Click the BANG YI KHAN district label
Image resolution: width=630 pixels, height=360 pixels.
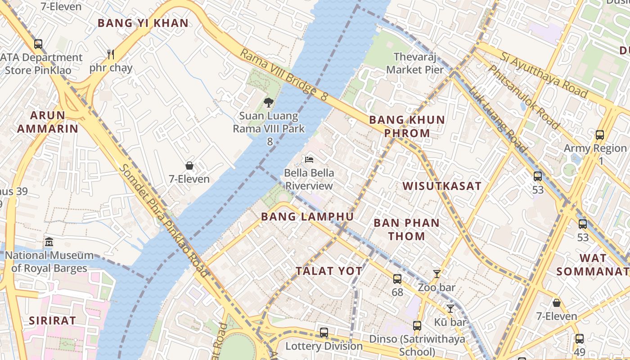(x=143, y=23)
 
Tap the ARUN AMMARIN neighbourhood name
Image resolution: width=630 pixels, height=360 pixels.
(x=47, y=122)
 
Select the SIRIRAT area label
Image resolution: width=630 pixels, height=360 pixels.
(x=52, y=320)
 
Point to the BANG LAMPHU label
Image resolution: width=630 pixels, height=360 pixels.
(x=307, y=216)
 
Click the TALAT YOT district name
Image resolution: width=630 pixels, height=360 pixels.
(x=329, y=271)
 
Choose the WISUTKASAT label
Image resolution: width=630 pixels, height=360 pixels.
(x=442, y=186)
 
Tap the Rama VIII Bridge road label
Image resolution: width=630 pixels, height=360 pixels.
(x=283, y=75)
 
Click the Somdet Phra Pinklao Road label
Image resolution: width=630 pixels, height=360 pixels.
(x=164, y=220)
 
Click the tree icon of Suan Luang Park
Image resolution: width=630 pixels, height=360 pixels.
(x=269, y=103)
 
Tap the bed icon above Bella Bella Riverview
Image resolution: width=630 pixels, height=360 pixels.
(x=309, y=159)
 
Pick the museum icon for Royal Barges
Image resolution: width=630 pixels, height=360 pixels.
(x=49, y=243)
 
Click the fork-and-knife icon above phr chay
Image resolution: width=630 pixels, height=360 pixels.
(x=111, y=54)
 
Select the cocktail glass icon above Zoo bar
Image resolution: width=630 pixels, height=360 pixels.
(x=436, y=274)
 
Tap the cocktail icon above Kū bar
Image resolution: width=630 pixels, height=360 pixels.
(x=450, y=308)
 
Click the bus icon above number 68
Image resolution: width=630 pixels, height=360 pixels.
(x=397, y=279)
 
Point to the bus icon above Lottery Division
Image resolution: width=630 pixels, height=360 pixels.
(x=324, y=333)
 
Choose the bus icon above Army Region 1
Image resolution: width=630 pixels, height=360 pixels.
(x=599, y=135)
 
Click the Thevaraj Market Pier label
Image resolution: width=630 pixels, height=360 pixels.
(x=414, y=63)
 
